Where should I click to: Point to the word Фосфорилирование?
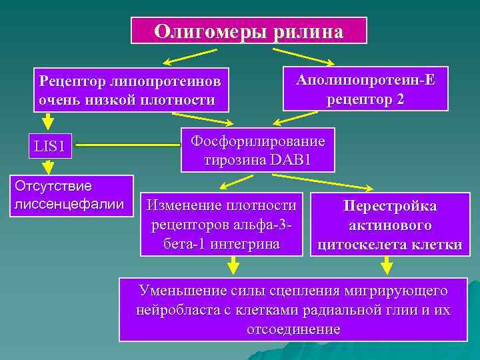click(258, 141)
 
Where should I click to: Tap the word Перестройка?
click(390, 207)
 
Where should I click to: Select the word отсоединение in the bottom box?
click(293, 329)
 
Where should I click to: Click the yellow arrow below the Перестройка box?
click(387, 267)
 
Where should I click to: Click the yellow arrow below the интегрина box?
click(233, 267)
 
